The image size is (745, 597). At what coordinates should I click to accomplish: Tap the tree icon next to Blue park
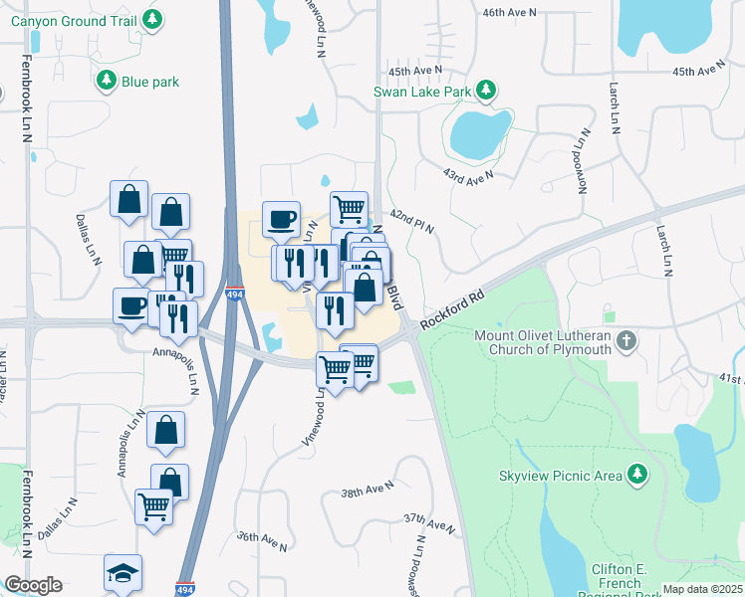tap(106, 80)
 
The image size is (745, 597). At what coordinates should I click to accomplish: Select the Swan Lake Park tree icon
tap(486, 91)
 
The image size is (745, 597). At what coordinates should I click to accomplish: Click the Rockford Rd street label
tap(451, 310)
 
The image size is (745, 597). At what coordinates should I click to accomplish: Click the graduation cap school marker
tap(123, 573)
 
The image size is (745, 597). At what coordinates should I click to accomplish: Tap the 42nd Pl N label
tap(412, 221)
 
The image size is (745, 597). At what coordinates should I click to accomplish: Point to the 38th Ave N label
tap(368, 491)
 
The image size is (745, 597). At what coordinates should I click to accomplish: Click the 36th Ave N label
tap(262, 541)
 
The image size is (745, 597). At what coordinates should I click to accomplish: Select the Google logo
tap(33, 585)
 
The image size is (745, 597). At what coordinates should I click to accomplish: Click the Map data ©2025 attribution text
tap(703, 589)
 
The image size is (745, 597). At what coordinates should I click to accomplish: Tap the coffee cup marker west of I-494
tap(131, 305)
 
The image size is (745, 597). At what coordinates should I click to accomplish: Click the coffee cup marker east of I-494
tap(282, 219)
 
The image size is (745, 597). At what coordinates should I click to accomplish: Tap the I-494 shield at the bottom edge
tap(183, 589)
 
